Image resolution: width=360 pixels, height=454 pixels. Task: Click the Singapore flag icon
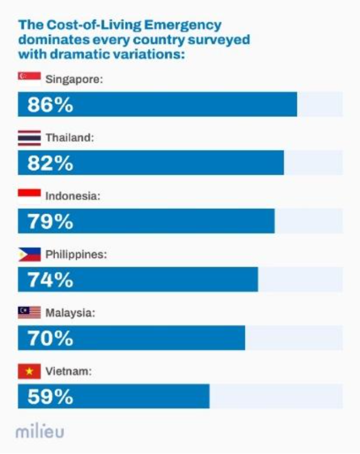click(29, 78)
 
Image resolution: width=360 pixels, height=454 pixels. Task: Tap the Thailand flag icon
click(29, 137)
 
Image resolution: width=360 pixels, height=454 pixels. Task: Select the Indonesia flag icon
click(29, 196)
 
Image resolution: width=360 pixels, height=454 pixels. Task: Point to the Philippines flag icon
click(29, 254)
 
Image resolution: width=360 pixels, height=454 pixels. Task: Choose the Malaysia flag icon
click(29, 312)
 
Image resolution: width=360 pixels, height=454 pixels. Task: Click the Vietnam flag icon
click(29, 371)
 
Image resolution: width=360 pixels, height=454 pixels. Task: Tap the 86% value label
click(50, 105)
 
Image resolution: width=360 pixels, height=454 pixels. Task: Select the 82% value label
click(50, 163)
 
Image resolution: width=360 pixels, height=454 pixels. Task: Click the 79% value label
click(50, 222)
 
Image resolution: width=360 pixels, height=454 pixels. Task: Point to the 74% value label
click(50, 280)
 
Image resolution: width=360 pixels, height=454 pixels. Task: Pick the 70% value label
click(50, 339)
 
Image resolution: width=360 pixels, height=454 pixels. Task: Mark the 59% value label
click(50, 397)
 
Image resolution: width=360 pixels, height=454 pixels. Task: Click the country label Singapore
click(74, 79)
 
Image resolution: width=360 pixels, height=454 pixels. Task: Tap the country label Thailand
click(70, 138)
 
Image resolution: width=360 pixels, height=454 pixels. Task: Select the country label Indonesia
click(73, 196)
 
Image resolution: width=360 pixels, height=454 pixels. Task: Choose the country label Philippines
click(76, 255)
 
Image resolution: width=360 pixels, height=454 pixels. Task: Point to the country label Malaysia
click(70, 313)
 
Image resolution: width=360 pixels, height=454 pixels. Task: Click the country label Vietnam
click(68, 371)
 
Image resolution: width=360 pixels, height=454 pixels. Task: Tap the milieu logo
click(41, 432)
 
